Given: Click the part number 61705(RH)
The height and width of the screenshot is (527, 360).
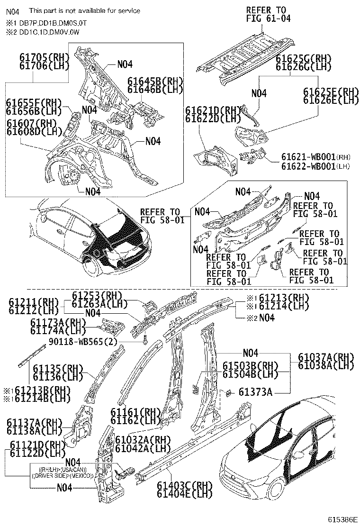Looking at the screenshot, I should coord(44,57).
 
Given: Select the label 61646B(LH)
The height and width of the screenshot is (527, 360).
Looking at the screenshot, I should coord(155,89).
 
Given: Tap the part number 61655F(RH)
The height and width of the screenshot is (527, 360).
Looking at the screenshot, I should coord(34,103).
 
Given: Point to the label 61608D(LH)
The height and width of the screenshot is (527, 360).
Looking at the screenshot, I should coord(34,131).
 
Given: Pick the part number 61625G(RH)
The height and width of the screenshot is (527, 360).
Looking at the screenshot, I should coord(303,59).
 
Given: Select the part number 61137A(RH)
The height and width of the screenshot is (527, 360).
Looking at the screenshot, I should coord(35,423).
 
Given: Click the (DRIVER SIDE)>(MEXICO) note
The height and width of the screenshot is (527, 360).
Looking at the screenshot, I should coord(63,475).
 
